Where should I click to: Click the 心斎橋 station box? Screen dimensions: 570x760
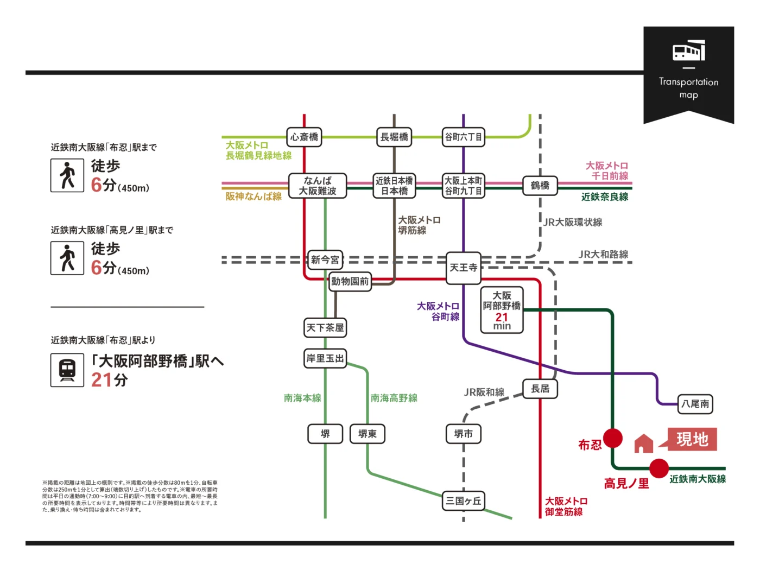pos(304,137)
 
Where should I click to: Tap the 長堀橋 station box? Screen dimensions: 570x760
pos(394,137)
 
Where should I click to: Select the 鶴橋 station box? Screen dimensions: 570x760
pos(540,186)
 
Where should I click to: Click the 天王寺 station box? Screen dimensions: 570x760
pos(463,268)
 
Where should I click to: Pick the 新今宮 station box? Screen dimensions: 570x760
pos(325,260)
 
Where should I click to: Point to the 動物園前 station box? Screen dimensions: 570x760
pos(350,281)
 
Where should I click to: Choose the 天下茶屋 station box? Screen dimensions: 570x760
pos(325,327)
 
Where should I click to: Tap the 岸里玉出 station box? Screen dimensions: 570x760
pos(325,358)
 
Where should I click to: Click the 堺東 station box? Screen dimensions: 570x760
pos(368,434)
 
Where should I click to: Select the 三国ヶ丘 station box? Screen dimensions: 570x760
pos(463,501)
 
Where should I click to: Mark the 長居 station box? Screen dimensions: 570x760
pos(540,389)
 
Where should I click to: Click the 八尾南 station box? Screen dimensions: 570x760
pos(695,404)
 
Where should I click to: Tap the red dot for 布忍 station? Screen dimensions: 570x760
pos(613,438)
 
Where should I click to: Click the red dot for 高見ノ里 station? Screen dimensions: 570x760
pos(659,468)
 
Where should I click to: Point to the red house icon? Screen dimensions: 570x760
pos(644,444)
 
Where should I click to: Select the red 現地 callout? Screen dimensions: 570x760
pos(692,439)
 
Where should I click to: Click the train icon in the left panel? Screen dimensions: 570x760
pos(67,370)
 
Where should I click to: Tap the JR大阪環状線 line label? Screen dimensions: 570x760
pos(573,222)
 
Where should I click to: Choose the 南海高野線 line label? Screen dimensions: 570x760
pos(394,398)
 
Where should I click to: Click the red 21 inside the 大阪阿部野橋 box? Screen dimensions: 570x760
pos(502,317)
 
